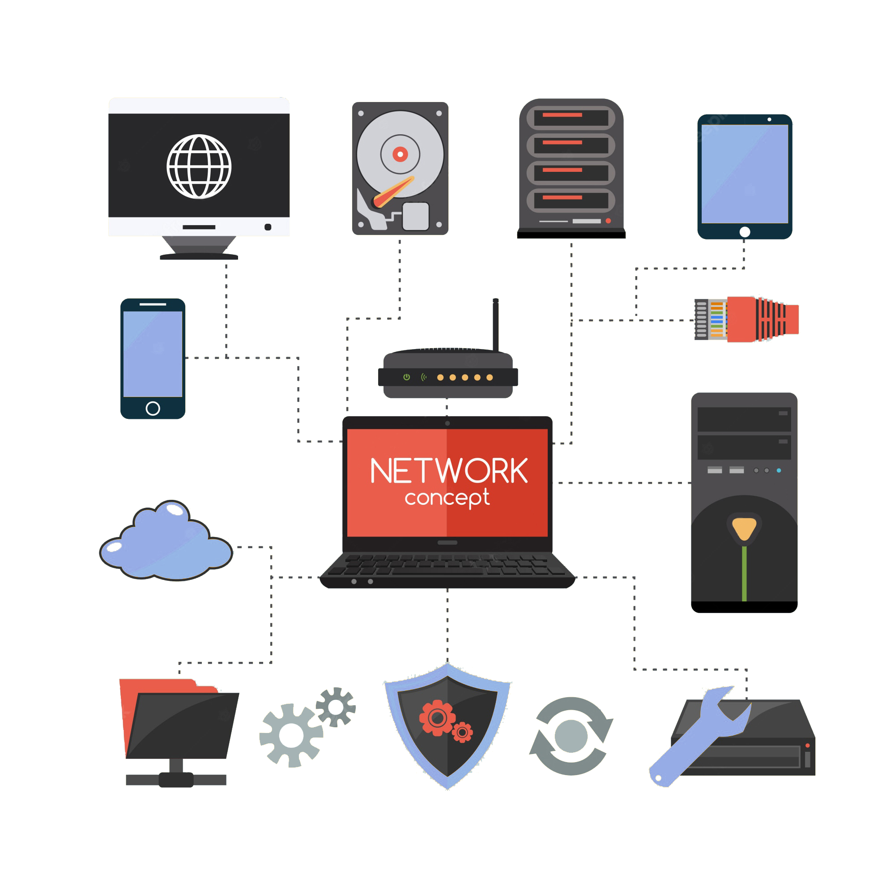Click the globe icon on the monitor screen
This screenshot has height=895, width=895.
click(199, 166)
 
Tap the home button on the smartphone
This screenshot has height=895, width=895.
click(153, 408)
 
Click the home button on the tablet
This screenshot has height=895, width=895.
click(745, 232)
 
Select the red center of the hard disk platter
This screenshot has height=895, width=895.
click(400, 154)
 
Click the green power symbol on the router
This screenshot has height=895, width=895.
click(407, 377)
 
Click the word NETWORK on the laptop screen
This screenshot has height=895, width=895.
click(448, 471)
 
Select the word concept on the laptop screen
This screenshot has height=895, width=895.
click(447, 498)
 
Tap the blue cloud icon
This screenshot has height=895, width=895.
click(166, 541)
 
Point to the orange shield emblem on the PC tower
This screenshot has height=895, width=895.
click(745, 528)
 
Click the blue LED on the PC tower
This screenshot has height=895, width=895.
click(779, 471)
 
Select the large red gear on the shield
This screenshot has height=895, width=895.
click(437, 718)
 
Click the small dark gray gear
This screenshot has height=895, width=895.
click(336, 707)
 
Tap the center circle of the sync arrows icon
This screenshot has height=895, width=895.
click(571, 736)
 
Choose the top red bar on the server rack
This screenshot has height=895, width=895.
click(563, 115)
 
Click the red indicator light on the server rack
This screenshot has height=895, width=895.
click(608, 221)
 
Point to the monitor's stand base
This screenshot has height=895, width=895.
click(199, 256)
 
